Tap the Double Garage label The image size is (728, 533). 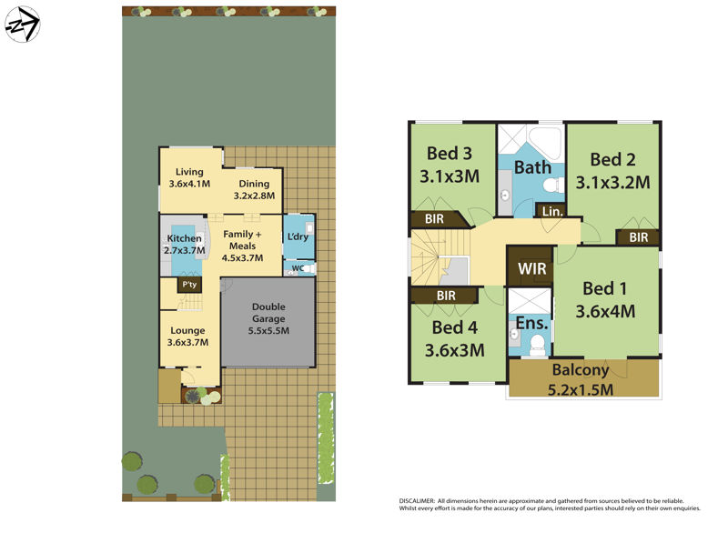point(268,319)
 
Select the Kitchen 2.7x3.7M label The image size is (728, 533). point(183,245)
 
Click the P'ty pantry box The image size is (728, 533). point(189,285)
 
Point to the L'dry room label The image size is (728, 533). point(298,238)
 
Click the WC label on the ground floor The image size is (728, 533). point(296,268)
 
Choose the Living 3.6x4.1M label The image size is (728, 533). point(189,177)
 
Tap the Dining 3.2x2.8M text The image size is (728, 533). point(254,189)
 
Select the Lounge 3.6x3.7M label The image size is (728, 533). point(188,337)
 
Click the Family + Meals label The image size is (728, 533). point(243,246)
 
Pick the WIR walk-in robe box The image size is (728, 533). point(531,269)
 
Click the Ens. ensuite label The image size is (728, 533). point(531,323)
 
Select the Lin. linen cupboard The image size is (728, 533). point(551,211)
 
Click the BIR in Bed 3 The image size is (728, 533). point(433,219)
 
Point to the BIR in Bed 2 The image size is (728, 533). point(638,237)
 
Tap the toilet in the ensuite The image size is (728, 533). point(538,343)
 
